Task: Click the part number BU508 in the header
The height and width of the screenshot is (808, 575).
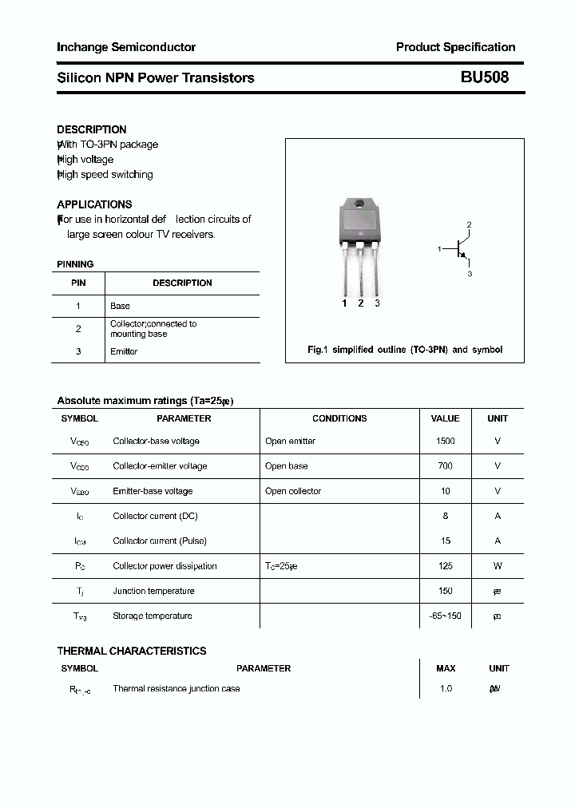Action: tap(484, 77)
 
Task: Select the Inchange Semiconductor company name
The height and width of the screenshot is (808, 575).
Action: tap(126, 47)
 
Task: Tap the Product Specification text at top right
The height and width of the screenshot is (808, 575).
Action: tap(455, 47)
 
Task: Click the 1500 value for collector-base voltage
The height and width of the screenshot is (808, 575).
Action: tap(446, 441)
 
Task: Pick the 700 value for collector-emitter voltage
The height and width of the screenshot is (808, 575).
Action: tap(446, 465)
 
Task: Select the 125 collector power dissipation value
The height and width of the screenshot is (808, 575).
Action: tap(446, 566)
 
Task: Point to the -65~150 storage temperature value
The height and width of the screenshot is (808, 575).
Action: tap(446, 616)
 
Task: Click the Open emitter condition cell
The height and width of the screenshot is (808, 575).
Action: tap(290, 441)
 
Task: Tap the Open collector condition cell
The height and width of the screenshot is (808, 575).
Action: tap(292, 491)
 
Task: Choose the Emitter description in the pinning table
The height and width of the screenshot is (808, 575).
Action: tap(124, 351)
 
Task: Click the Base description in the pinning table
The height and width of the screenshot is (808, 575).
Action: tap(120, 306)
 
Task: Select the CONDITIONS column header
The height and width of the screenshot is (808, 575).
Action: tap(339, 418)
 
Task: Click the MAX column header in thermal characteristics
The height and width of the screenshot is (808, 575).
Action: tap(446, 668)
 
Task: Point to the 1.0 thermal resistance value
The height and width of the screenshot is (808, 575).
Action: tap(446, 688)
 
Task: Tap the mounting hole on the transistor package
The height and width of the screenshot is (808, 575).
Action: tap(361, 203)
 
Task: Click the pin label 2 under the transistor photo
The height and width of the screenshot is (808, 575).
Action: tap(361, 303)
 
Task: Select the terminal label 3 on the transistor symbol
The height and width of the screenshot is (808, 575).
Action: tap(470, 274)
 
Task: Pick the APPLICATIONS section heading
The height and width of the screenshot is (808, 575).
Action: tap(94, 204)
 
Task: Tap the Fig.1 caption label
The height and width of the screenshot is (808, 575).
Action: tap(318, 350)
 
